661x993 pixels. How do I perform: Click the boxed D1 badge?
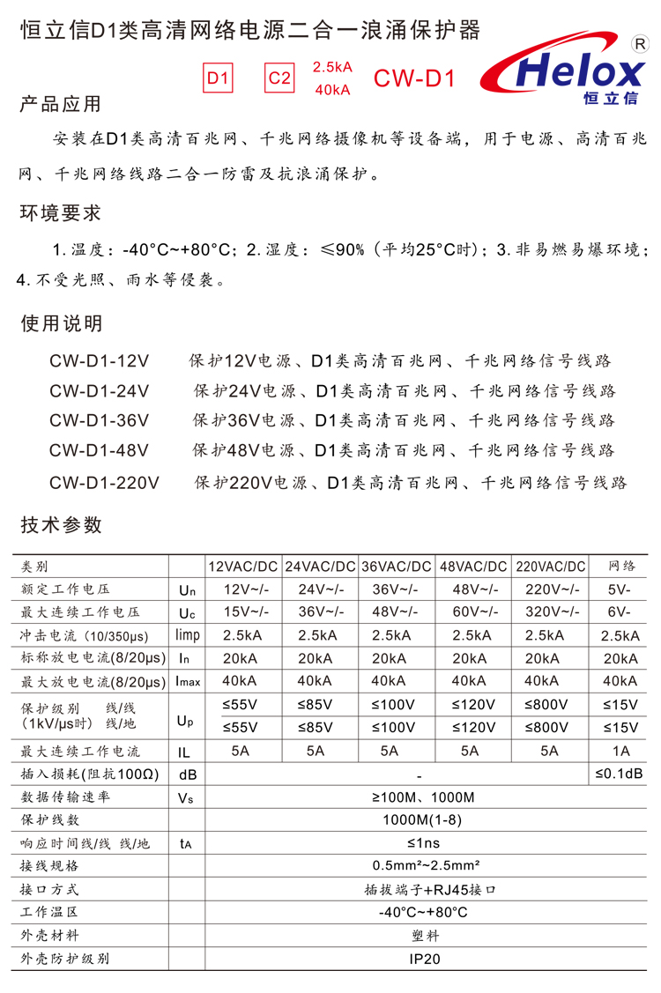tap(219, 78)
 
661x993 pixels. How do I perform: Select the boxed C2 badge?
tap(279, 78)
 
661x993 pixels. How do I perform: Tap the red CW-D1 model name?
tap(413, 78)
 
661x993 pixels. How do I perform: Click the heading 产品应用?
tap(61, 104)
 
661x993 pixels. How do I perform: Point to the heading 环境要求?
tap(61, 213)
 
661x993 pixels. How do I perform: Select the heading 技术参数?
tap(61, 525)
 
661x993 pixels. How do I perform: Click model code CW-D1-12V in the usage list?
tap(100, 360)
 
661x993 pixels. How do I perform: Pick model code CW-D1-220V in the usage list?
tap(104, 482)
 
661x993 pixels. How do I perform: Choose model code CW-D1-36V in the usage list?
tap(100, 420)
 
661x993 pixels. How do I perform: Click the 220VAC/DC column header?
tap(551, 567)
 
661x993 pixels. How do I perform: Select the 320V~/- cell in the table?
tap(551, 611)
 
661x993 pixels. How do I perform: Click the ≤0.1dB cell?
tap(620, 774)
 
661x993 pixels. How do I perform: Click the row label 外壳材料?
tap(50, 936)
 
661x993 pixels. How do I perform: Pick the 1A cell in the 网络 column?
tap(621, 751)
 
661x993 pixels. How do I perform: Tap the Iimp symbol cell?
tap(188, 634)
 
